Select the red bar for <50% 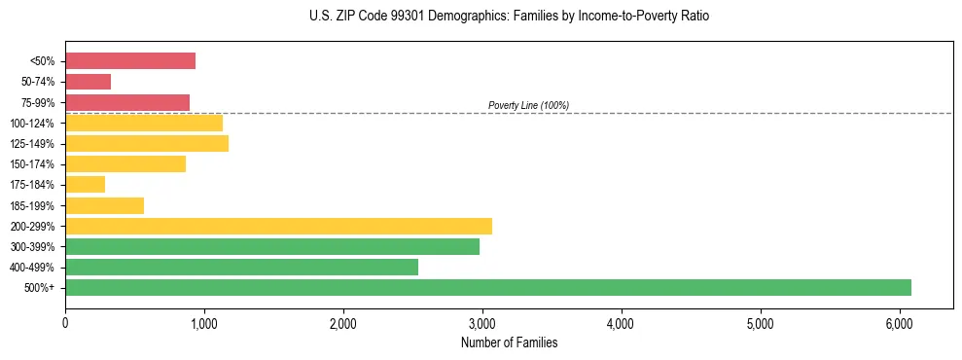click(x=130, y=60)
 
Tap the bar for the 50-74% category click(x=89, y=82)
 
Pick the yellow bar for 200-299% click(x=278, y=226)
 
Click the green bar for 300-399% click(x=272, y=246)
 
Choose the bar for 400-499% click(x=241, y=267)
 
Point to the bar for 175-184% click(x=86, y=184)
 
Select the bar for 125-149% click(x=147, y=143)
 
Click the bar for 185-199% click(x=105, y=205)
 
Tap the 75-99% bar click(x=127, y=102)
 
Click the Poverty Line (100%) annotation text click(x=528, y=105)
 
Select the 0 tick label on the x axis click(x=65, y=322)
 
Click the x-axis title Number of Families click(x=509, y=342)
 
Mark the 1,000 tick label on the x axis click(x=204, y=322)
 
